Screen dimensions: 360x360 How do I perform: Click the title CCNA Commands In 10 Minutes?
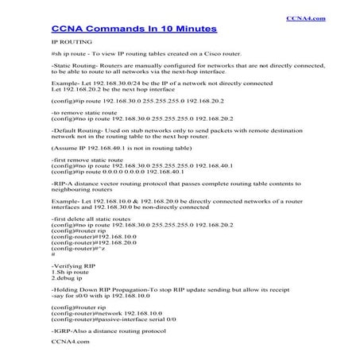click(x=134, y=29)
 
